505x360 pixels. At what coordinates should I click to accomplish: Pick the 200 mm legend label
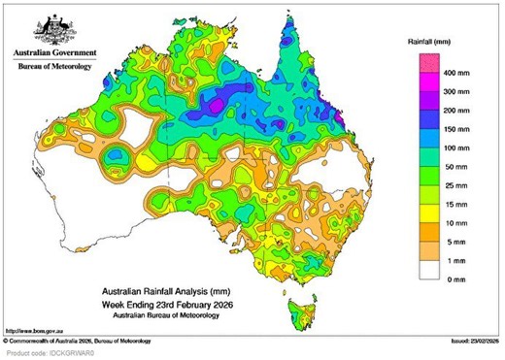coord(456,115)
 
